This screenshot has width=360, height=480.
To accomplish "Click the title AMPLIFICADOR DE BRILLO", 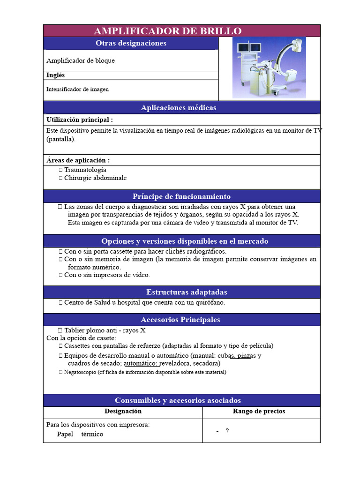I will point(168,31).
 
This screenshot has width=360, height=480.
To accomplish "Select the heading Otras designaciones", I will point(131,43).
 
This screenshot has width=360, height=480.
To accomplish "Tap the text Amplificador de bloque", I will point(81,60).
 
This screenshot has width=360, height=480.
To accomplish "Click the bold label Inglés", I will point(56,75).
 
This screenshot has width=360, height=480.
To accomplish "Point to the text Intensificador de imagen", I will point(77,89).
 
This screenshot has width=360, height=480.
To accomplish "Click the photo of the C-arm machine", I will point(269,68).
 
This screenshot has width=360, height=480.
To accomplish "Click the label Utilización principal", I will point(80,120).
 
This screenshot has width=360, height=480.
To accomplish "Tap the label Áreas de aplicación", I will point(78,160).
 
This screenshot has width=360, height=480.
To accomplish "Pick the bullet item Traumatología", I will point(85,170).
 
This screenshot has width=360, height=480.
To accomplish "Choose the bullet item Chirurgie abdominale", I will point(95,178).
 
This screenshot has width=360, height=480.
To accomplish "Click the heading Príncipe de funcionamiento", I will point(181,196).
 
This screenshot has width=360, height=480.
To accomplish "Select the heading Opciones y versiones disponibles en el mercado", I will point(185,241).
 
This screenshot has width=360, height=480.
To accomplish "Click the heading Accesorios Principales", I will point(180,320).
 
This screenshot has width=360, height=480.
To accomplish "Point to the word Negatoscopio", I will point(80,372).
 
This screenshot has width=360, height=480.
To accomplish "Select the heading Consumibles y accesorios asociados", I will point(178,400).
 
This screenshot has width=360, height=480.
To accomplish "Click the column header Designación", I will point(123,411).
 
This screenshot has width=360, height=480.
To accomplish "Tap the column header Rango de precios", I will point(259,411).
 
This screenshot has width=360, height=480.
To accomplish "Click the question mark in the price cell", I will point(227,430).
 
